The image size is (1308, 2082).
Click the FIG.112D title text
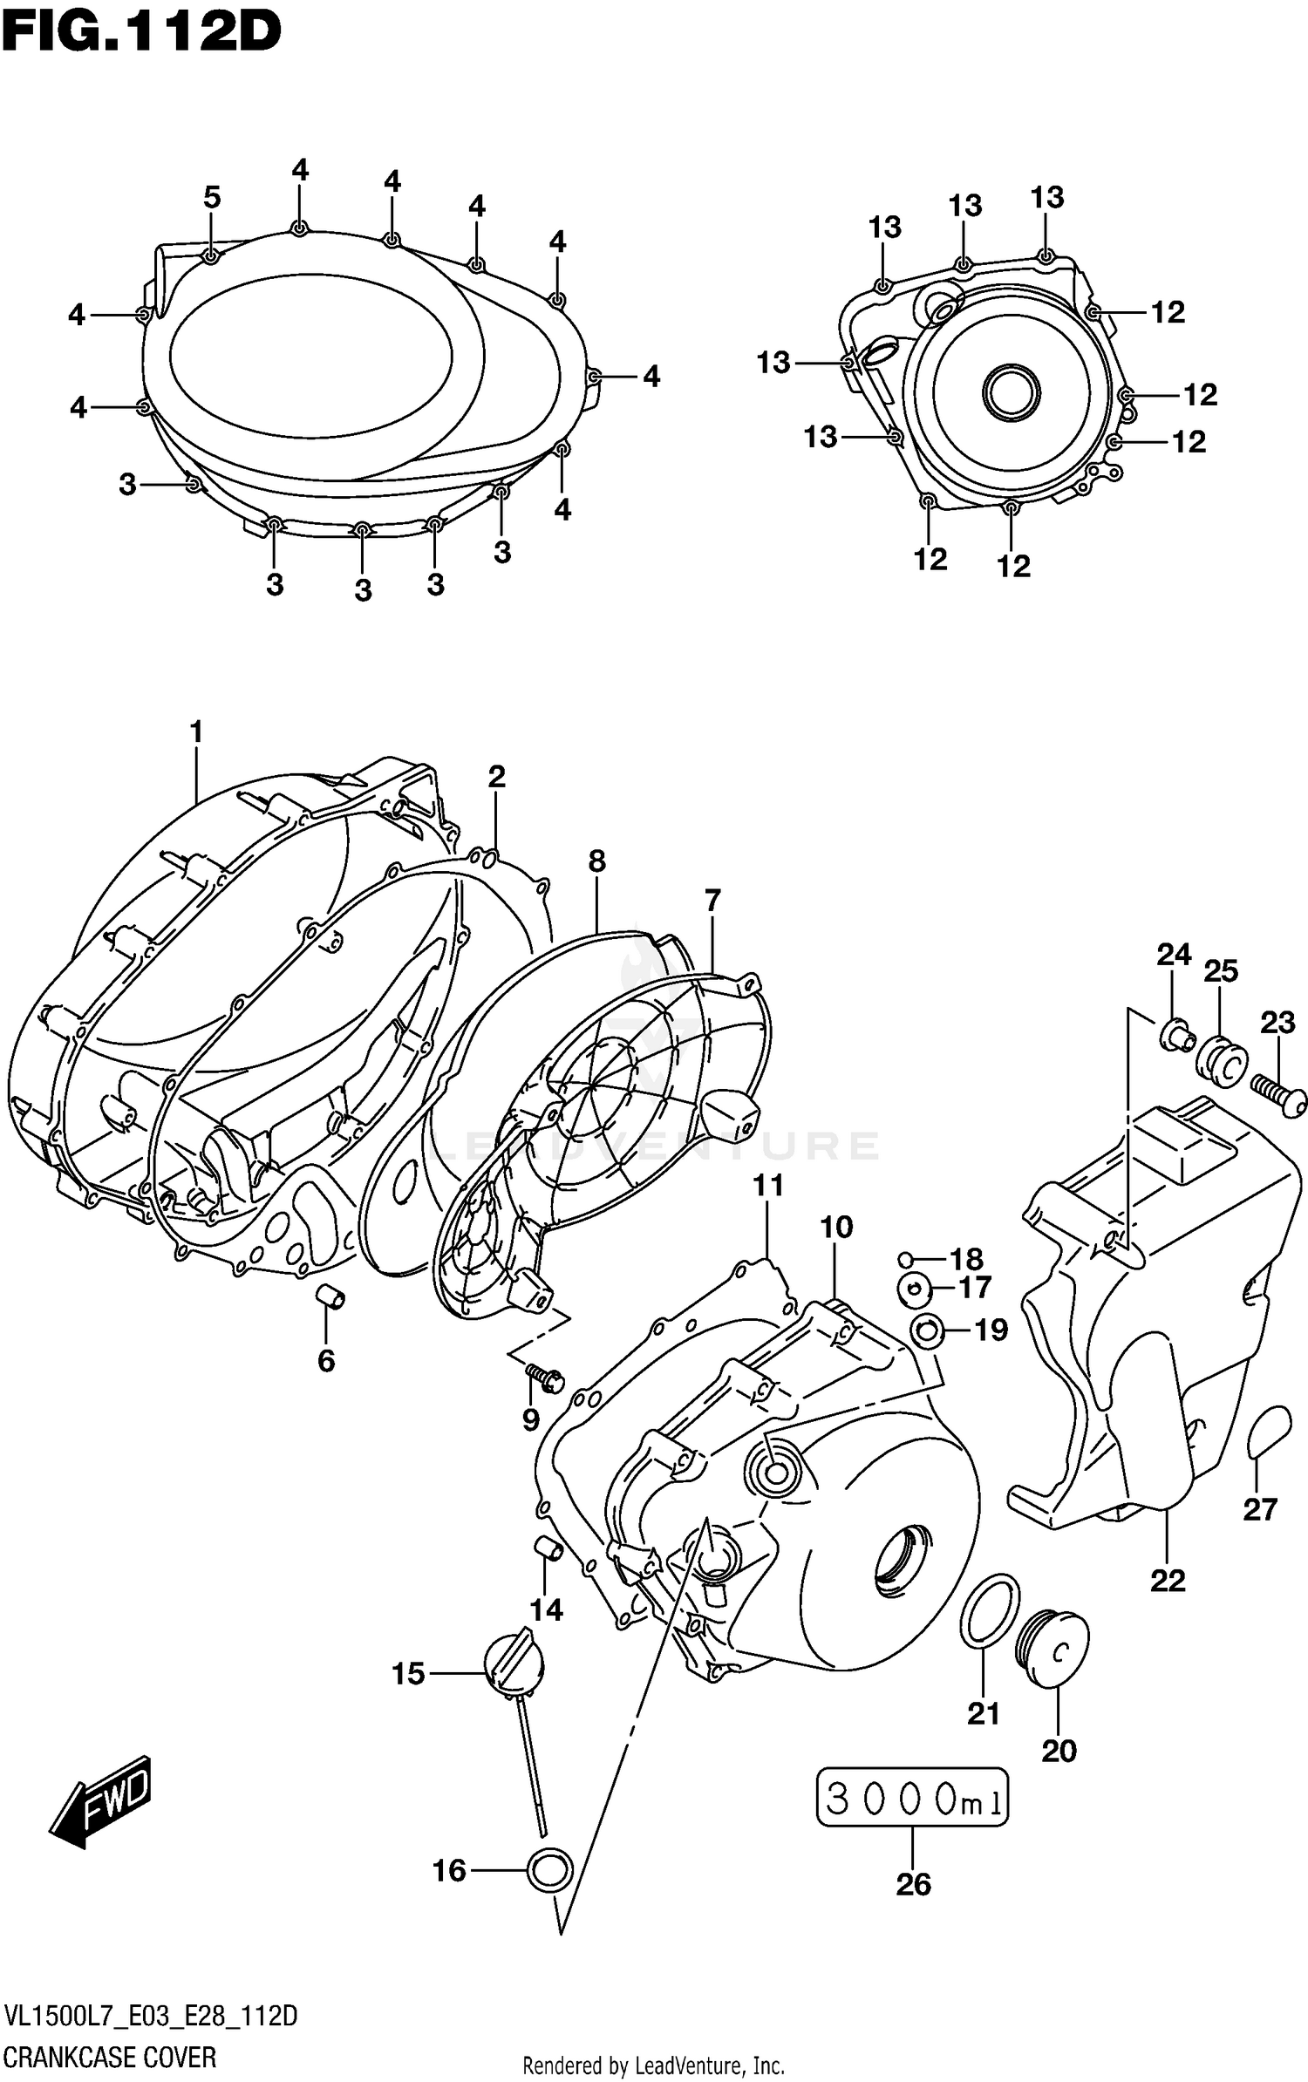coord(141,32)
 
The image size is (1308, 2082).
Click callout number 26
coord(913,1884)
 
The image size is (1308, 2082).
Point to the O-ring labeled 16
coord(550,1870)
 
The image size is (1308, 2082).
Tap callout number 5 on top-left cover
coord(212,198)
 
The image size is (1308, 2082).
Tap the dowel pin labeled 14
coord(547,1548)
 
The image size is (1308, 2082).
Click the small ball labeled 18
coord(906,1258)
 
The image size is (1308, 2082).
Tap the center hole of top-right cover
coord(1012,391)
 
